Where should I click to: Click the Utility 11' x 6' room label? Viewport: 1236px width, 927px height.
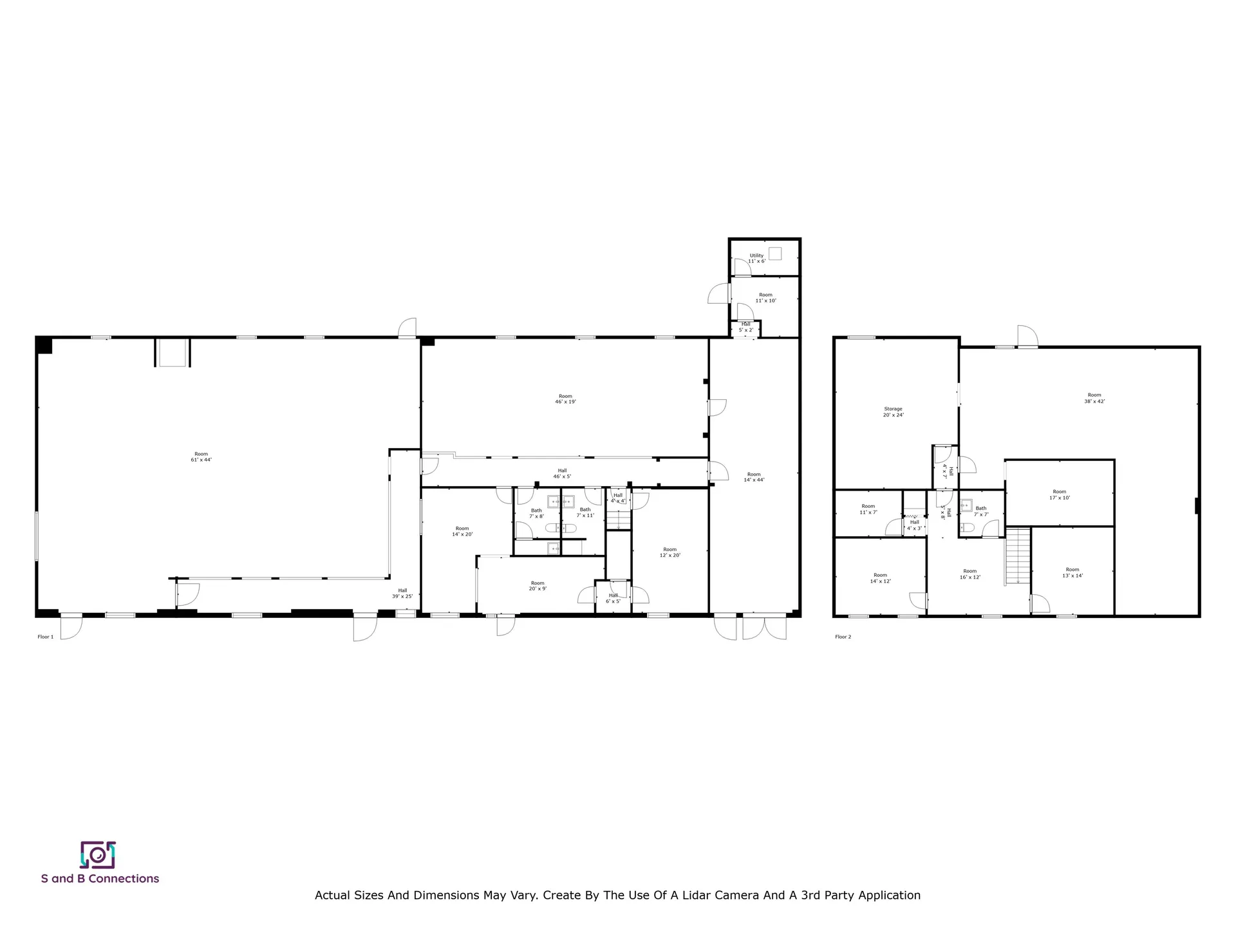(x=756, y=258)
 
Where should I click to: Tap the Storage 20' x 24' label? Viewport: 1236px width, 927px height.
(x=893, y=412)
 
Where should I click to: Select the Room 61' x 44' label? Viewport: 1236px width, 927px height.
(x=201, y=456)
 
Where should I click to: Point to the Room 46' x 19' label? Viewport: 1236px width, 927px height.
(x=565, y=399)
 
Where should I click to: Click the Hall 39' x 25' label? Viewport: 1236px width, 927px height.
(x=402, y=593)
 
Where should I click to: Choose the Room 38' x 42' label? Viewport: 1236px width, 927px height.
(x=1094, y=398)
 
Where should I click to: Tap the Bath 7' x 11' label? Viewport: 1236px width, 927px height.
(x=585, y=512)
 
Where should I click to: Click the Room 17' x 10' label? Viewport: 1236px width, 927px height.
(x=1059, y=494)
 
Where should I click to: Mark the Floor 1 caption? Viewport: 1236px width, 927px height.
(x=46, y=637)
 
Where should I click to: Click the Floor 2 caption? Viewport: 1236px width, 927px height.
(x=843, y=637)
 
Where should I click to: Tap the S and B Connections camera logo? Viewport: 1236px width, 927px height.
(x=97, y=855)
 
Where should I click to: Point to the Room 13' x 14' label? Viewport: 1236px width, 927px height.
(x=1072, y=572)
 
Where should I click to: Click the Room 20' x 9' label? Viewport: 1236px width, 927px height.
(x=538, y=586)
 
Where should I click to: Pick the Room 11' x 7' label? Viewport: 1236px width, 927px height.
(x=868, y=509)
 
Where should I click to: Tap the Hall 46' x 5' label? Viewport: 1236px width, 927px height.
(x=562, y=473)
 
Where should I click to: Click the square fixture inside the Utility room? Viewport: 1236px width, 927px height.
(x=775, y=254)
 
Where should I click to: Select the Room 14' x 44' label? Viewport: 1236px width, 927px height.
(x=754, y=477)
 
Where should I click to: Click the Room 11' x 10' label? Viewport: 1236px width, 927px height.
(x=765, y=297)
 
